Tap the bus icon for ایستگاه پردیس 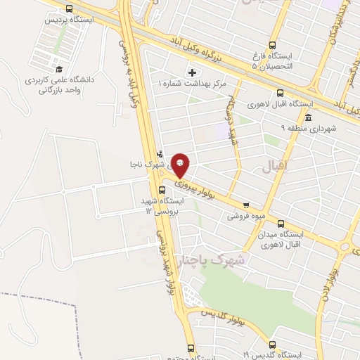tap(68, 8)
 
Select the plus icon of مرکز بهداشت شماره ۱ tap(192, 73)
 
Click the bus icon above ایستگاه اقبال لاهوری tap(281, 93)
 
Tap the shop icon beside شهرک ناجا tap(160, 154)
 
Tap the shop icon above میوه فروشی tap(264, 207)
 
